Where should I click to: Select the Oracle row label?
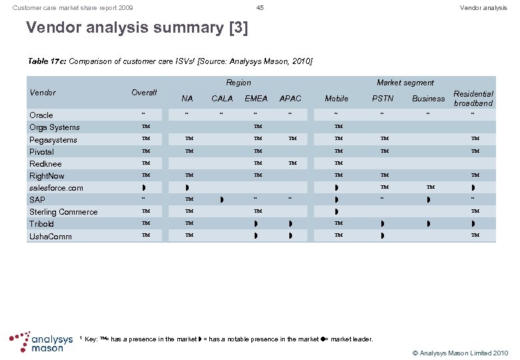(x=41, y=115)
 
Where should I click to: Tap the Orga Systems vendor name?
(x=55, y=127)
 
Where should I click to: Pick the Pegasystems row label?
(x=53, y=140)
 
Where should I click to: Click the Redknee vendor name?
(x=45, y=164)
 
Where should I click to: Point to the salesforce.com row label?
(x=56, y=188)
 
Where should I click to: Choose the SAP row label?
(x=37, y=200)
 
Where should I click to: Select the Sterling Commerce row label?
(x=63, y=212)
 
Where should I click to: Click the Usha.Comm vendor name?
(x=51, y=237)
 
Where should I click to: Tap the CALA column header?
(x=222, y=99)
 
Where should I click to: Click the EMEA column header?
(x=256, y=99)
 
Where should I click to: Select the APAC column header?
(x=290, y=99)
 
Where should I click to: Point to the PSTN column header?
(x=383, y=99)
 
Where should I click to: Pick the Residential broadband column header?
(x=473, y=99)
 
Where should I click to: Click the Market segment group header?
(x=405, y=83)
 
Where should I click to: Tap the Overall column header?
(x=144, y=93)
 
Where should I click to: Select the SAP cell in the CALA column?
(x=222, y=199)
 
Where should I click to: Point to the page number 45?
(x=260, y=7)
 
